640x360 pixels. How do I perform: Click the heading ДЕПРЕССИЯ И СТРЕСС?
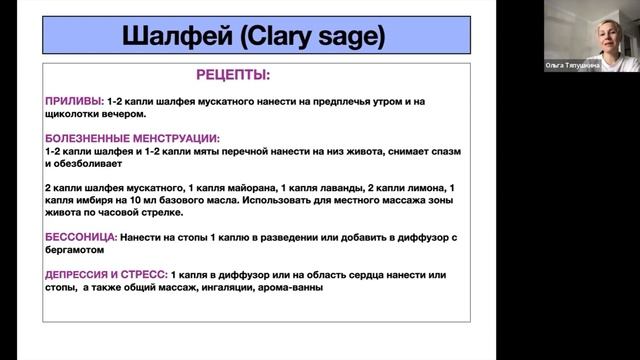click(x=106, y=274)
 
